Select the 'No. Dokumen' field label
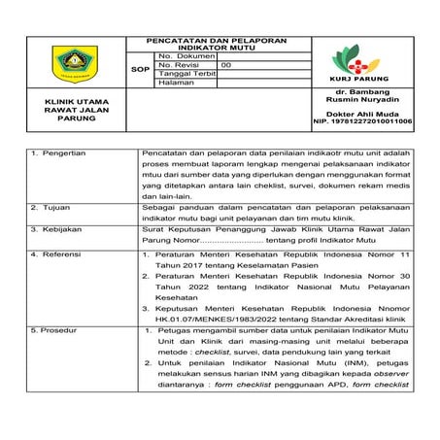(x=179, y=56)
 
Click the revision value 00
(x=226, y=65)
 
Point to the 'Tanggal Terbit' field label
(x=183, y=74)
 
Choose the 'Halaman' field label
(x=174, y=83)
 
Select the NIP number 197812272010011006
(x=362, y=123)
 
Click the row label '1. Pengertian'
(x=60, y=153)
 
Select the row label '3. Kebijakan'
(x=58, y=229)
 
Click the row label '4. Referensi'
(x=58, y=254)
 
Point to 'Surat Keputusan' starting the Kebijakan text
(x=171, y=229)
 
